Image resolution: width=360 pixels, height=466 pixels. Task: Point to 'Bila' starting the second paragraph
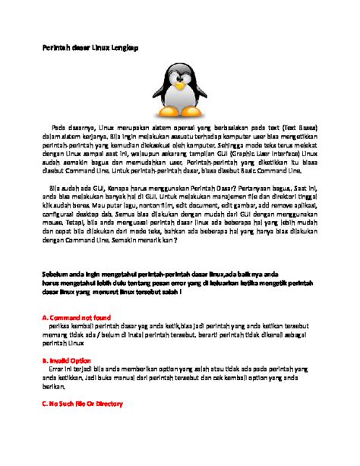[x=55, y=186]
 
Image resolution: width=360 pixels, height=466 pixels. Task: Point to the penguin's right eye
[x=189, y=74]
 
